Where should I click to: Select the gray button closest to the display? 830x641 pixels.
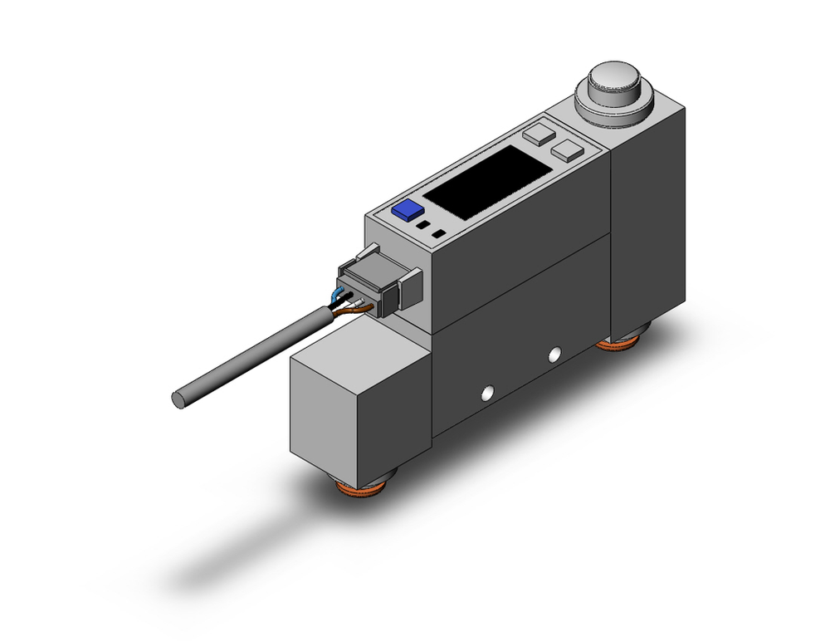[x=538, y=132]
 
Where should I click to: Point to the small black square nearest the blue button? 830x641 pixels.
[x=422, y=225]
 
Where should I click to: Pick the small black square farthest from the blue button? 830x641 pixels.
[x=437, y=235]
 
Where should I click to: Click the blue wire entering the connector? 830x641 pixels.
[x=339, y=295]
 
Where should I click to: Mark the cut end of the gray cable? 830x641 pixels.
[x=178, y=399]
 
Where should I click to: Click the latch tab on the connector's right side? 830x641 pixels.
[x=408, y=286]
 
